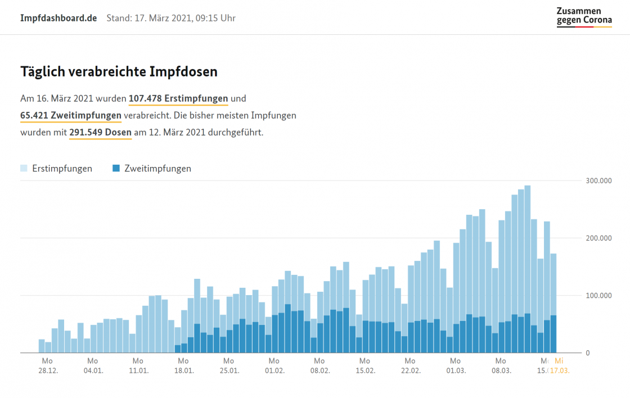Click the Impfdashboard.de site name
point(58,18)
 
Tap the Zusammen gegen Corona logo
point(584,17)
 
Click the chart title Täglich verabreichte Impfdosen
point(119,72)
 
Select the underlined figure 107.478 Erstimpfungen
point(178,99)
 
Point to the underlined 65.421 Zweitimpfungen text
point(71,116)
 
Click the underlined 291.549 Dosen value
point(100,133)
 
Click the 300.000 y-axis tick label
point(598,181)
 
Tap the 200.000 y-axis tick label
point(598,238)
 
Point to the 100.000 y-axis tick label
point(598,296)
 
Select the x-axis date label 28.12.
point(47,370)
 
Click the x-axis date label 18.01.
point(183,370)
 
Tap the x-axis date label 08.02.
point(319,370)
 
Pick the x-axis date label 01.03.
point(456,370)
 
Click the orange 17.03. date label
point(560,370)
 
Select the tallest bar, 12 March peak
point(527,270)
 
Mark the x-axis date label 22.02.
point(410,370)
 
